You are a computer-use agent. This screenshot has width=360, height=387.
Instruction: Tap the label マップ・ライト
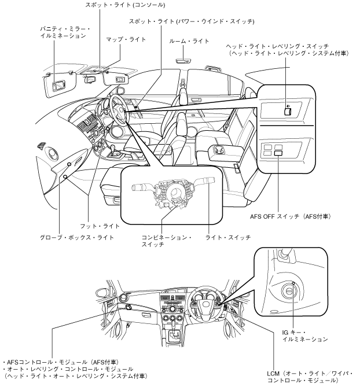125,39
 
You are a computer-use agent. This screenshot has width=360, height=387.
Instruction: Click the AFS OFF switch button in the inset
279,153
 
